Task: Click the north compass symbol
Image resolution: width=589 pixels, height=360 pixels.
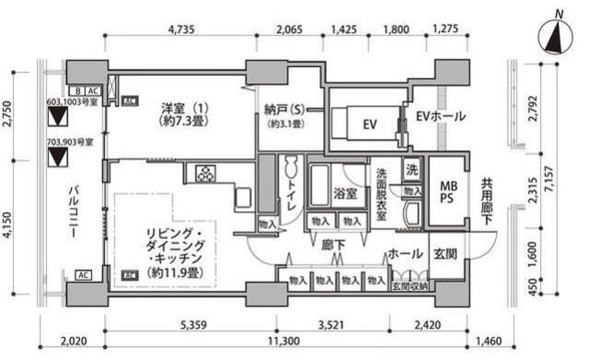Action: [558, 39]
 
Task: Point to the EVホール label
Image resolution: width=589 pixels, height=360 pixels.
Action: [440, 117]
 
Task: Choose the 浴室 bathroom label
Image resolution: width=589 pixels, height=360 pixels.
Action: [346, 194]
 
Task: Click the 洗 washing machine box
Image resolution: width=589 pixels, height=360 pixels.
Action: [412, 170]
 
